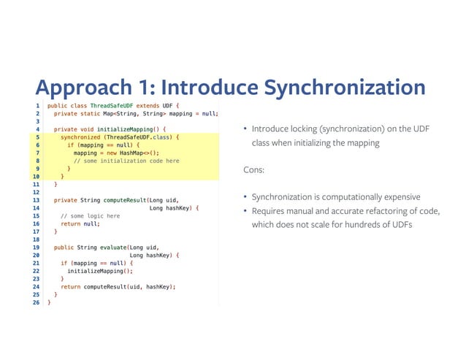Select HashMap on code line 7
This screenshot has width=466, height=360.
(x=126, y=153)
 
